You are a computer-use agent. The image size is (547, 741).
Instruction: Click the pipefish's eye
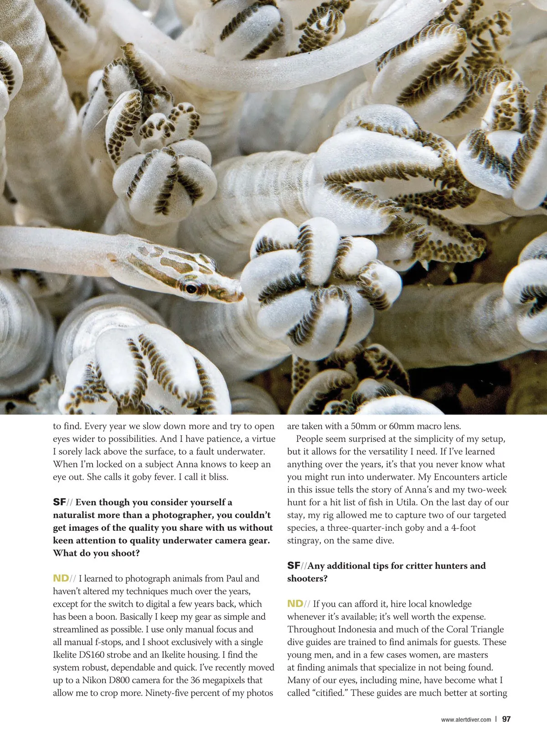point(191,288)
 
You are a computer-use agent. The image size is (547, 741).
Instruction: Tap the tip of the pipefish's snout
point(242,297)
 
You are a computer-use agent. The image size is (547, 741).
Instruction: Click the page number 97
point(506,719)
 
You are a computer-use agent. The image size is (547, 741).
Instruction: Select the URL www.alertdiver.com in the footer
point(466,720)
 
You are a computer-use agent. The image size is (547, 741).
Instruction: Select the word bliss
point(218,477)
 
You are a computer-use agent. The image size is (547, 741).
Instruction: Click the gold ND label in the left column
point(61,579)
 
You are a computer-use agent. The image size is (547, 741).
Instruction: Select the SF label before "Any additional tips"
point(294,566)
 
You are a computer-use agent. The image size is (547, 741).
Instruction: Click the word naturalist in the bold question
point(75,515)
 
